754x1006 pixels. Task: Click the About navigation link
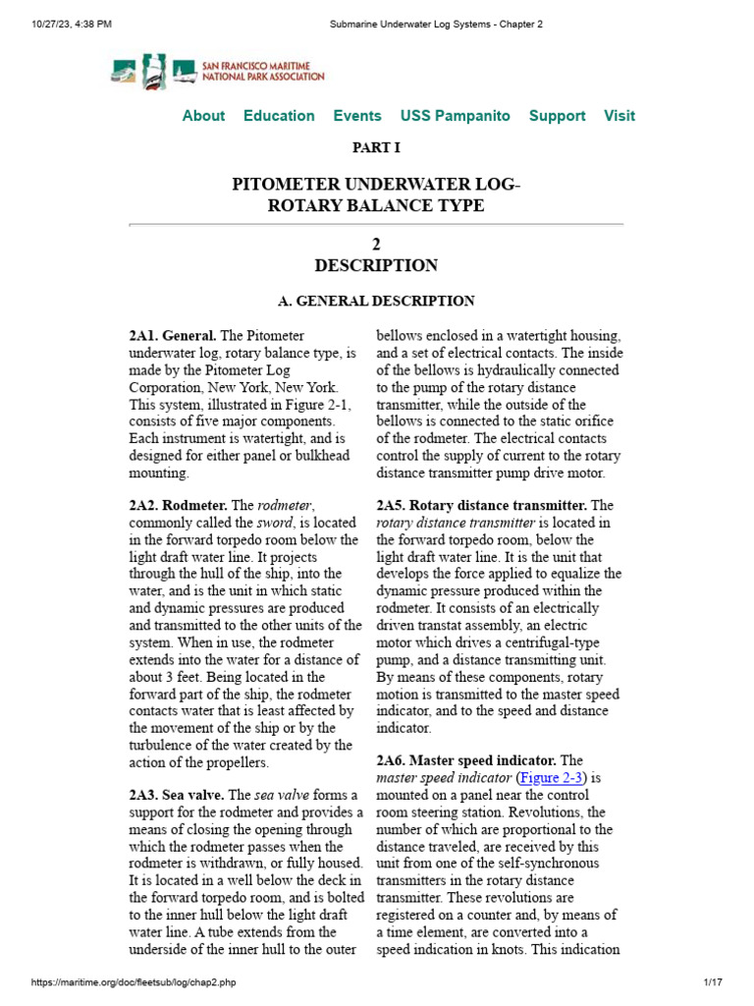pos(203,116)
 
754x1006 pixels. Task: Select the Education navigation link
pos(279,116)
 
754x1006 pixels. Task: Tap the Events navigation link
pos(357,116)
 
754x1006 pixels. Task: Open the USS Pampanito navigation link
pos(455,116)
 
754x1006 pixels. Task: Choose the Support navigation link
pos(557,116)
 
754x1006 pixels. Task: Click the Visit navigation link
pos(619,116)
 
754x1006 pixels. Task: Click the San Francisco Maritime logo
pos(217,71)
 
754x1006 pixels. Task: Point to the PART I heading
pos(376,148)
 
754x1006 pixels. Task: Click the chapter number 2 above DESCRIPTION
pos(376,245)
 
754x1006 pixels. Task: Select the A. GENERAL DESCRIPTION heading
pos(376,302)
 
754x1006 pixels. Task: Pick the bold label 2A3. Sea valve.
pos(176,795)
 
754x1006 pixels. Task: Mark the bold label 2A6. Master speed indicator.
pos(466,760)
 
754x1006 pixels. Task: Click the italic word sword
pos(274,523)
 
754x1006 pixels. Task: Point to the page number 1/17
pos(712,982)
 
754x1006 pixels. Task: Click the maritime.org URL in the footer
pos(135,982)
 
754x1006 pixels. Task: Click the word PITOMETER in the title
pos(285,185)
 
